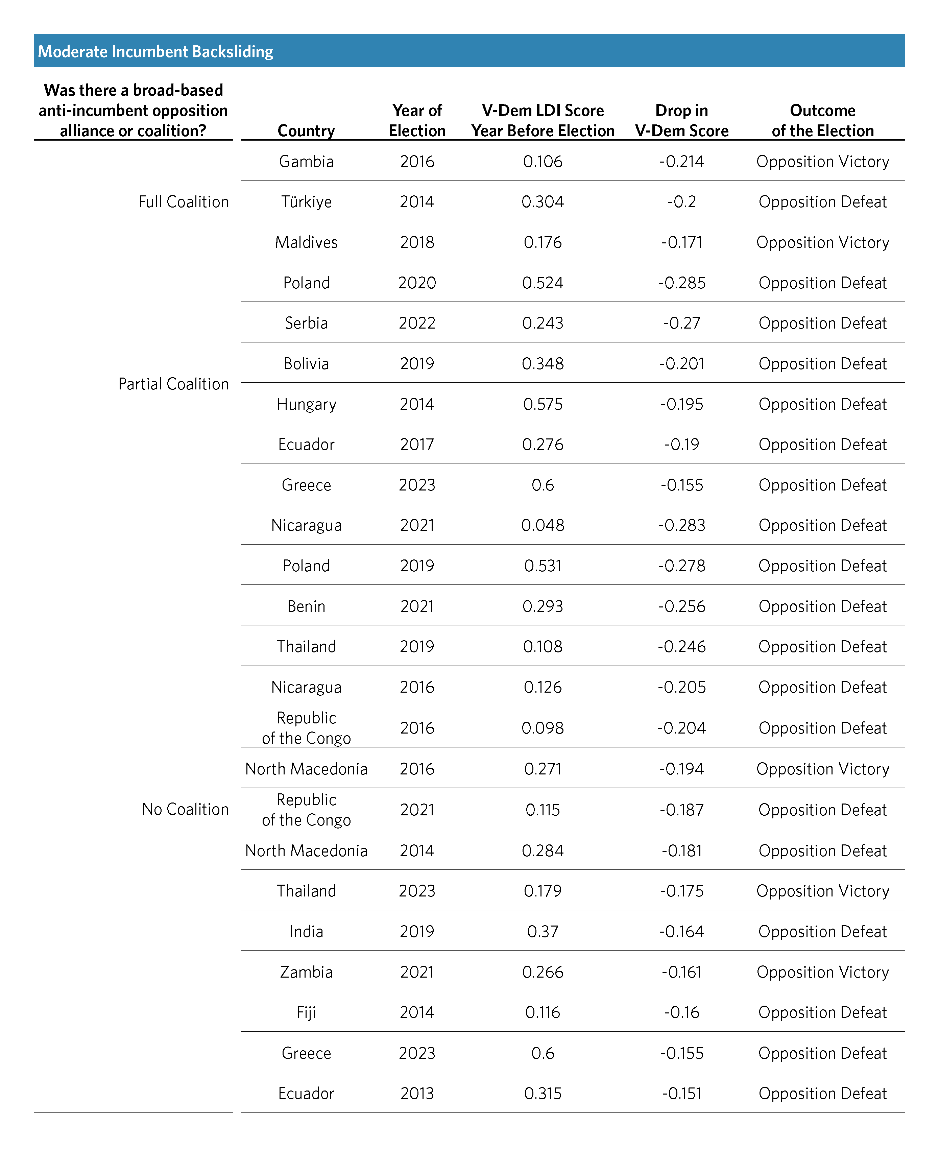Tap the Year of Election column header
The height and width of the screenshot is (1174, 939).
(417, 120)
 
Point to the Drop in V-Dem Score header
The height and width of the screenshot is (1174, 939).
(681, 120)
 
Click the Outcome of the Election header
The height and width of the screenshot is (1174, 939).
(822, 120)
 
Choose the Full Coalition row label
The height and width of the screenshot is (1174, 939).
(184, 202)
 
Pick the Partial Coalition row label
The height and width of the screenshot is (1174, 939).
(174, 384)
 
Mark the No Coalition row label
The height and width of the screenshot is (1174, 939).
(185, 809)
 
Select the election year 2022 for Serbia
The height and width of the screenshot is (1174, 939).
(417, 324)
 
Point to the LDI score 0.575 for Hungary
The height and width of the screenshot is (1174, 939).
(543, 404)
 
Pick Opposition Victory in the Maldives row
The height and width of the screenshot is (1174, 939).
(822, 242)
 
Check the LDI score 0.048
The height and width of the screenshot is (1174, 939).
(543, 525)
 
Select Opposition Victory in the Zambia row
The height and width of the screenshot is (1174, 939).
(822, 972)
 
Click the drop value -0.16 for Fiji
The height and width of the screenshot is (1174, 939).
(681, 1012)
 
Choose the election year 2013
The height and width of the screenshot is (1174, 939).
(417, 1094)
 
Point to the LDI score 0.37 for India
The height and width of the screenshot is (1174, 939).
(543, 932)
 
